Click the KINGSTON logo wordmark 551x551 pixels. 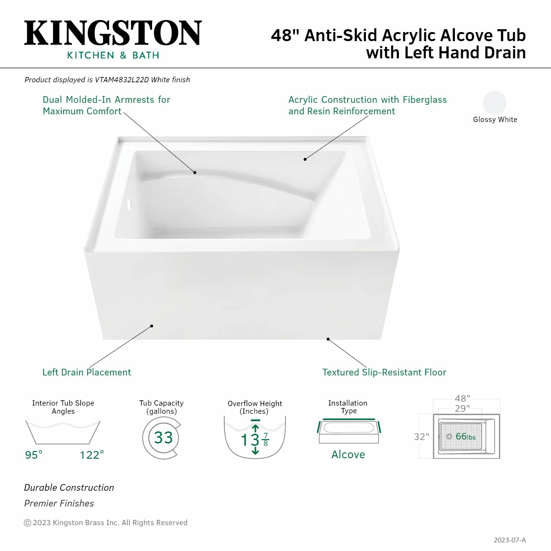point(113,33)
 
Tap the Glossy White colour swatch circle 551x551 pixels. point(495,102)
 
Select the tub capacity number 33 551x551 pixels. point(163,438)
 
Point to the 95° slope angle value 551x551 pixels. point(33,455)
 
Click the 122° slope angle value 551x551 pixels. point(91,455)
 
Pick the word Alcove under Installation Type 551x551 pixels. point(348,454)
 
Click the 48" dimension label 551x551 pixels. point(463,398)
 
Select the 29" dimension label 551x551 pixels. point(462,408)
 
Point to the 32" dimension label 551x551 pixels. point(421,437)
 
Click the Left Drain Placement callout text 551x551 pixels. point(87,372)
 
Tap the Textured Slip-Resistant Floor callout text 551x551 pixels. point(384,372)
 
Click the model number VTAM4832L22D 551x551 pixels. point(121,80)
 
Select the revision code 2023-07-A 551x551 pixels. point(509,540)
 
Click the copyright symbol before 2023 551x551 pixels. point(28,523)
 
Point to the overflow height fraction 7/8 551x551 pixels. point(265,440)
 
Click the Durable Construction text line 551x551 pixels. point(69,487)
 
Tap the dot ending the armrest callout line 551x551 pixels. point(195,172)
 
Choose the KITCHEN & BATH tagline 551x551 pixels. point(113,55)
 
